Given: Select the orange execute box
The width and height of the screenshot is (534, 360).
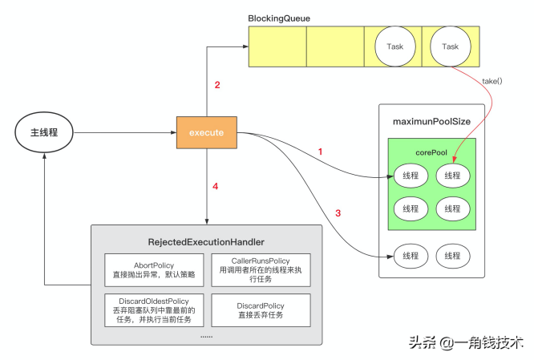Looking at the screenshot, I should [207, 131].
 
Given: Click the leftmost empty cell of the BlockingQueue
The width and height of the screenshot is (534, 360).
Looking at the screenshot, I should [277, 47].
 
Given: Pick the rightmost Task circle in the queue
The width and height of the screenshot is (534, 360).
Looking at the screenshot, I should [451, 47].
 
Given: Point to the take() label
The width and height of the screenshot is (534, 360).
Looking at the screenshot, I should [493, 81].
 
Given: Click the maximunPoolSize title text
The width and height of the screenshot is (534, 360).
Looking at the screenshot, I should [431, 121].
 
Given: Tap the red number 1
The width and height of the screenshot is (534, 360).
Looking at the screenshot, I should [320, 152].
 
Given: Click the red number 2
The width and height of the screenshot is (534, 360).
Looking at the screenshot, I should [216, 85].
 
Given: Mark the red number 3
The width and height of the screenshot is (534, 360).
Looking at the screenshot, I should [338, 212].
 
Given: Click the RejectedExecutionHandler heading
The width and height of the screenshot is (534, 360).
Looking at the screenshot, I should [206, 241].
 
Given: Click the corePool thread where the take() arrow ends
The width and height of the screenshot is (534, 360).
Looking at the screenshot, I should [452, 175].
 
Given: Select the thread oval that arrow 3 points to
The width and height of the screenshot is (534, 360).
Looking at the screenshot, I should [411, 256].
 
